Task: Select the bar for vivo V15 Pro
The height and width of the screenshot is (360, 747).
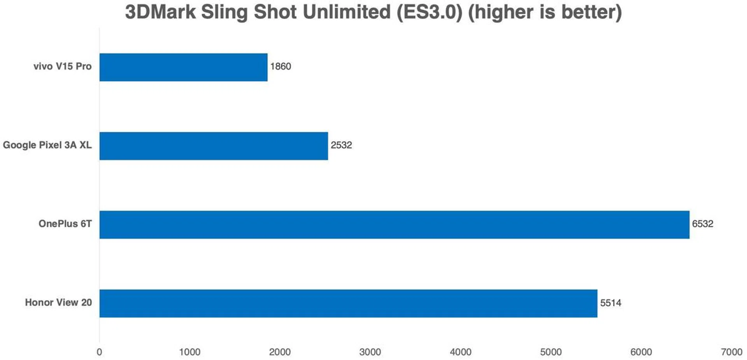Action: [x=183, y=67]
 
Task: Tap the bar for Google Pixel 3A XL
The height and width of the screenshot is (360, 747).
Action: [x=214, y=146]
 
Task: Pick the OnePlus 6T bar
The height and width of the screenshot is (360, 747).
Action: [x=394, y=225]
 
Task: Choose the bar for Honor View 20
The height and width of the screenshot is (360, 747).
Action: [x=348, y=303]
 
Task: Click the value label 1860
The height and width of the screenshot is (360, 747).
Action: [x=281, y=67]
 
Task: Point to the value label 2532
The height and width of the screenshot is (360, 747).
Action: [x=341, y=145]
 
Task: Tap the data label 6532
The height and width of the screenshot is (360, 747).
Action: [x=702, y=224]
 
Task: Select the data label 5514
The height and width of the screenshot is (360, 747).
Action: [x=610, y=303]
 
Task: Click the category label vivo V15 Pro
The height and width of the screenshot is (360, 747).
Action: [x=62, y=67]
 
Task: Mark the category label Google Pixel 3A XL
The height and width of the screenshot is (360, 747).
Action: [x=47, y=145]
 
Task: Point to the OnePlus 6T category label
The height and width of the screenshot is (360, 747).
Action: [x=65, y=224]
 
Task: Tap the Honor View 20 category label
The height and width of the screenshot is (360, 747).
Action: [x=58, y=302]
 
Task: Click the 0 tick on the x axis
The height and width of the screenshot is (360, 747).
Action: [x=99, y=352]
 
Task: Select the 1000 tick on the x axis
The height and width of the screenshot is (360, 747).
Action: [x=189, y=352]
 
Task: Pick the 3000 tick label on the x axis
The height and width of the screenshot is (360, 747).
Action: [x=370, y=352]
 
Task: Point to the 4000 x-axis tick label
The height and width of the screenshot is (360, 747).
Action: [x=460, y=352]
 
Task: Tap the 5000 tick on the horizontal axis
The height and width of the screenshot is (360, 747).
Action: [x=551, y=352]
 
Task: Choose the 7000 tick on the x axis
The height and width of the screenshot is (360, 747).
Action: [x=731, y=352]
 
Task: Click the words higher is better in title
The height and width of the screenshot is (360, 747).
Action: [x=545, y=12]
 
